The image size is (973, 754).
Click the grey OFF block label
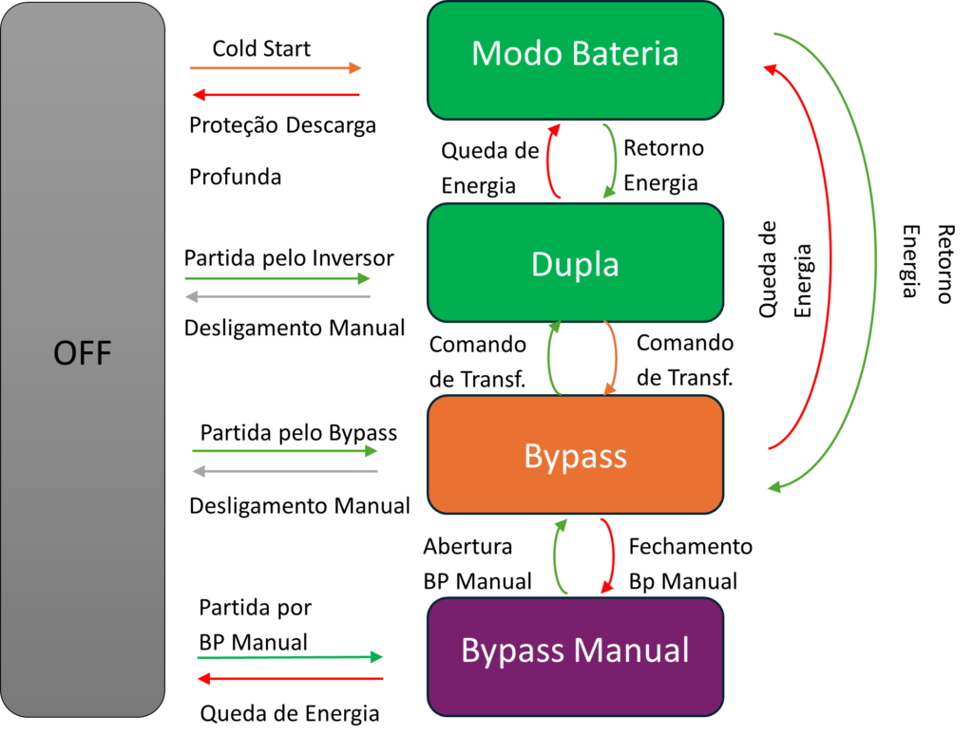pyautogui.click(x=83, y=354)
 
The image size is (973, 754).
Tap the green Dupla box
pyautogui.click(x=575, y=263)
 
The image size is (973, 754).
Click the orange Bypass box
pyautogui.click(x=575, y=455)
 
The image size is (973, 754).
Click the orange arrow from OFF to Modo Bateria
pyautogui.click(x=276, y=68)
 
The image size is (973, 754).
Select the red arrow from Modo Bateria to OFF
pyautogui.click(x=276, y=95)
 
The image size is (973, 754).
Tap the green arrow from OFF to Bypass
pyautogui.click(x=284, y=451)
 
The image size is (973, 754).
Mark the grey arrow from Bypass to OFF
pyautogui.click(x=284, y=471)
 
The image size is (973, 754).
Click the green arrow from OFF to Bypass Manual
pyautogui.click(x=290, y=657)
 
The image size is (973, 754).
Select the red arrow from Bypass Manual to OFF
pyautogui.click(x=290, y=679)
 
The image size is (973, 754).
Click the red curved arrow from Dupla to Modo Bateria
pyautogui.click(x=548, y=161)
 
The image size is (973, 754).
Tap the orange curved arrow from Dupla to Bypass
pyautogui.click(x=617, y=358)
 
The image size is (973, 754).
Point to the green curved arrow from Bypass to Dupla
pyautogui.click(x=549, y=358)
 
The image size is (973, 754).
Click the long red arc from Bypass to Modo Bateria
pyautogui.click(x=830, y=256)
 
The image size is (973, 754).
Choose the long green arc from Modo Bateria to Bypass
pyautogui.click(x=875, y=256)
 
